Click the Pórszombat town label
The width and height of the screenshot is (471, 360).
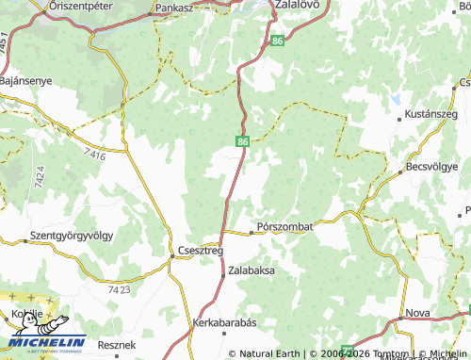(285, 227)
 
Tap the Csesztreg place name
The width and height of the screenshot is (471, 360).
(200, 251)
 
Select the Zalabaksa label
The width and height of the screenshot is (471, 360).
(252, 270)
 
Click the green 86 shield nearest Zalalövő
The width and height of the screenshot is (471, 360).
(275, 41)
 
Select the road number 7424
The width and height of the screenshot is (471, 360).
(39, 175)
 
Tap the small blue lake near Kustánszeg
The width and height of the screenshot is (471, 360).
(398, 97)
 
